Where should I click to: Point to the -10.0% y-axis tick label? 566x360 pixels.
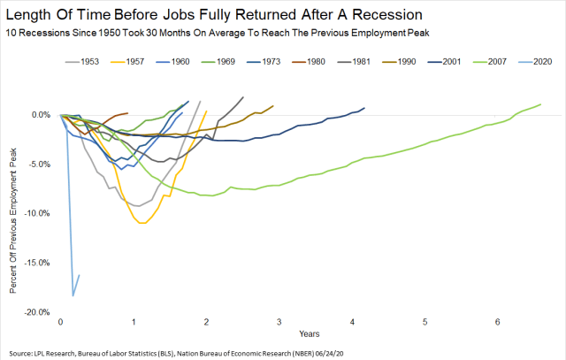pyautogui.click(x=36, y=213)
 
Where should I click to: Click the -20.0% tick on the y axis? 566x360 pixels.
pyautogui.click(x=36, y=313)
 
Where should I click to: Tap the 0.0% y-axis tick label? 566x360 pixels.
pyautogui.click(x=40, y=114)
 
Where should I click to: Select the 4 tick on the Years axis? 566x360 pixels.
pyautogui.click(x=352, y=321)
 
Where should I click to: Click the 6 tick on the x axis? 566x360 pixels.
pyautogui.click(x=498, y=321)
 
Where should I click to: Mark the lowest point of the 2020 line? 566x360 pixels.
pyautogui.click(x=73, y=295)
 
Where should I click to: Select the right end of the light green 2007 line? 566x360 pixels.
pyautogui.click(x=539, y=104)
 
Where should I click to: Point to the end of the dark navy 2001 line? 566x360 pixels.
pyautogui.click(x=364, y=108)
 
